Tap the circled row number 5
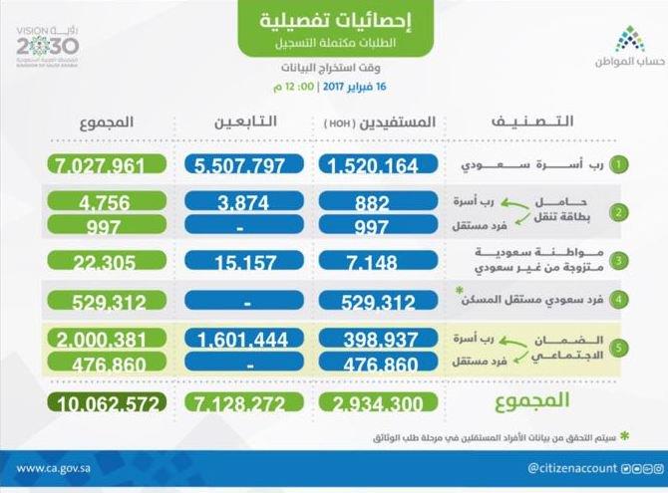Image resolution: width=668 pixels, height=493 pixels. [620, 351]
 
